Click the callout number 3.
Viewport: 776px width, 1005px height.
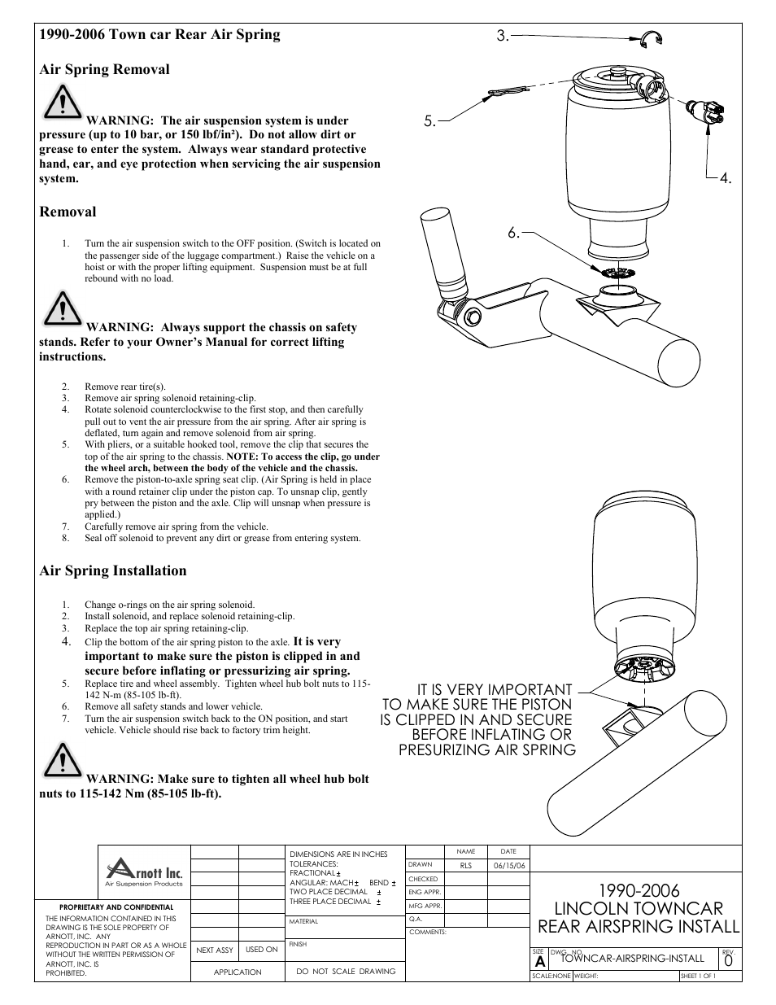502,36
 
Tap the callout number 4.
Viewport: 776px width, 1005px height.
726,179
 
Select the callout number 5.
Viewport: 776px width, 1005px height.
429,123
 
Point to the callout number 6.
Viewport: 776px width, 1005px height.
513,233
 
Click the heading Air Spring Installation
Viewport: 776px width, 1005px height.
113,570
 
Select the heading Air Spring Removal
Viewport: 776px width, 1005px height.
104,69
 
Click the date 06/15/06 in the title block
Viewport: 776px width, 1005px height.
509,866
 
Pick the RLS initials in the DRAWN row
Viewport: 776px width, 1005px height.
466,866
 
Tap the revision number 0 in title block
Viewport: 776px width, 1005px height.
728,961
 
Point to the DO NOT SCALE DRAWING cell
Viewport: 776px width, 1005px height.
346,971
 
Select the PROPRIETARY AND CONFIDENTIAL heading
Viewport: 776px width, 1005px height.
116,907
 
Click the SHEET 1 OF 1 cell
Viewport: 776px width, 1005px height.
698,976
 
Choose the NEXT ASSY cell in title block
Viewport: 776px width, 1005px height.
215,950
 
